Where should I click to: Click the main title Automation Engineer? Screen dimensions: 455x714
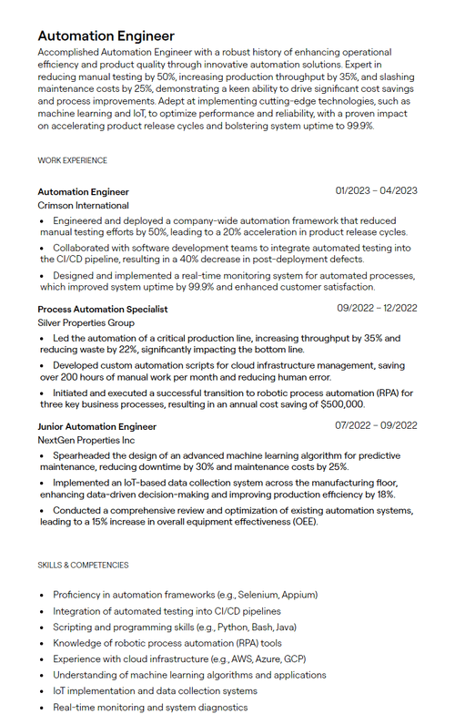point(106,36)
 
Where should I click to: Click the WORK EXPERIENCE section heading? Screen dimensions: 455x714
point(72,161)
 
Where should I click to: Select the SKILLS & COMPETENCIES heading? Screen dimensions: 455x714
point(83,566)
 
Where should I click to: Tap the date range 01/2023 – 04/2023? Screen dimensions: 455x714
point(376,191)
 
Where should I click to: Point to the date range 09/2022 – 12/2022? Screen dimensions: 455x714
point(377,308)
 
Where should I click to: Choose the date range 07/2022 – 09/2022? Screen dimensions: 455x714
point(376,425)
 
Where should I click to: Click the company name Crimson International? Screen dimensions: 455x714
point(83,206)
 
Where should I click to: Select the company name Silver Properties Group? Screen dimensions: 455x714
point(86,322)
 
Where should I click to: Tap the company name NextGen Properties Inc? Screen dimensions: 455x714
point(86,440)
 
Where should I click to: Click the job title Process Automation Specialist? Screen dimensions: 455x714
point(103,309)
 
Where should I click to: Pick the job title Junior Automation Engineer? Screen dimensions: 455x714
point(96,426)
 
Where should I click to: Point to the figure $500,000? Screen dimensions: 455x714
point(341,404)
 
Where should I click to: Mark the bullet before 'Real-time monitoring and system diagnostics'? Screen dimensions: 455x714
point(42,708)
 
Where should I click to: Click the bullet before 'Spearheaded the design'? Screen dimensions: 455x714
point(42,455)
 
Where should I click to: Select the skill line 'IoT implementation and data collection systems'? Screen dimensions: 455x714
point(155,691)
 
